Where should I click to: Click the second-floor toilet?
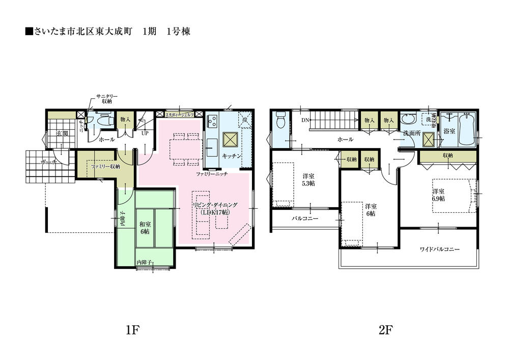click(x=279, y=121)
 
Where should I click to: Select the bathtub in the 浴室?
click(x=466, y=129)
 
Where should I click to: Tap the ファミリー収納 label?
click(x=105, y=166)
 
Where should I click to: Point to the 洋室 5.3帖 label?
click(x=307, y=179)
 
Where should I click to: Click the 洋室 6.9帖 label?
click(x=439, y=195)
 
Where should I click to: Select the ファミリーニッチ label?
click(x=211, y=174)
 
